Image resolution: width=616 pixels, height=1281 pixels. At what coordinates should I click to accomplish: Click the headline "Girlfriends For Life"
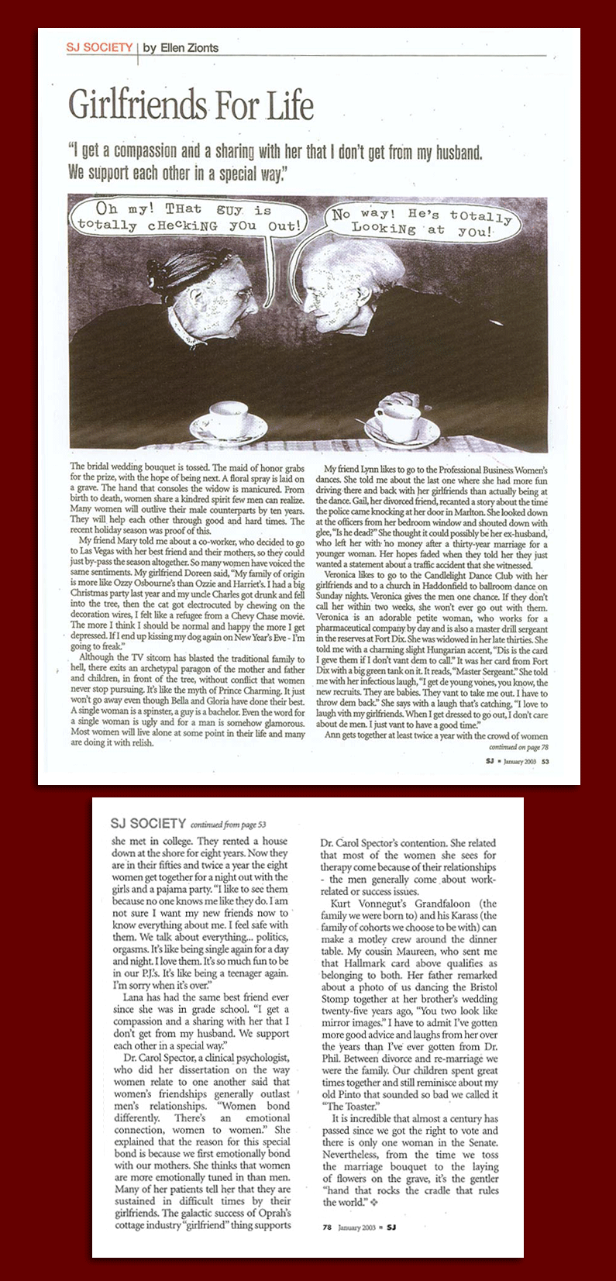(191, 105)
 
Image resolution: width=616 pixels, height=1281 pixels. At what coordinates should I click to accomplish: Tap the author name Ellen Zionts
(181, 48)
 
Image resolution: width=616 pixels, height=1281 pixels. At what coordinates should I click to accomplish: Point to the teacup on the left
(226, 419)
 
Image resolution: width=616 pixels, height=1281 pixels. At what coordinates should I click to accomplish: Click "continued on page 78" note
(518, 747)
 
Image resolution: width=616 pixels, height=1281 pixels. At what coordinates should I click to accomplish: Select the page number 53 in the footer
(545, 761)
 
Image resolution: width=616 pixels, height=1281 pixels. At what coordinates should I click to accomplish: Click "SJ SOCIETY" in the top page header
(99, 48)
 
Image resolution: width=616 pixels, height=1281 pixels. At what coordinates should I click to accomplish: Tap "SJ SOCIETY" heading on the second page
(148, 823)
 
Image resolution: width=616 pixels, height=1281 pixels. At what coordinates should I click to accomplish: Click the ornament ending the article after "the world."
(373, 1203)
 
